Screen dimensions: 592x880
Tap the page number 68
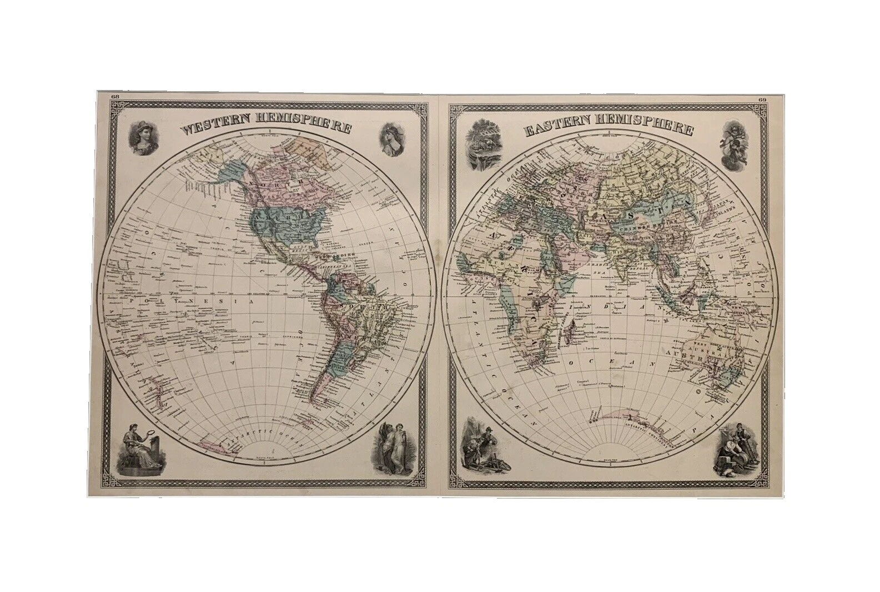coord(115,96)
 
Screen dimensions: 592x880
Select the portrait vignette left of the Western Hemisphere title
coord(143,138)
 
